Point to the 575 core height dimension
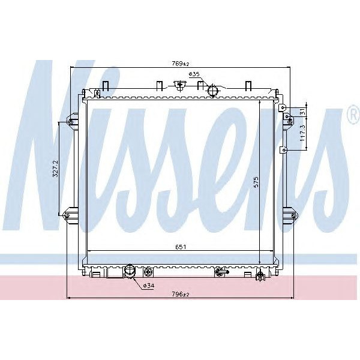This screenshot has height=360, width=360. pyautogui.click(x=256, y=183)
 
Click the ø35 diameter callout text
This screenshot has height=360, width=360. pyautogui.click(x=194, y=74)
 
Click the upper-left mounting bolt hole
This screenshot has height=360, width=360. pyautogui.click(x=71, y=122)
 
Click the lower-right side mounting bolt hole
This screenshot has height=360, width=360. pyautogui.click(x=293, y=214)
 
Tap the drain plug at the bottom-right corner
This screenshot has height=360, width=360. pyautogui.click(x=260, y=276)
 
